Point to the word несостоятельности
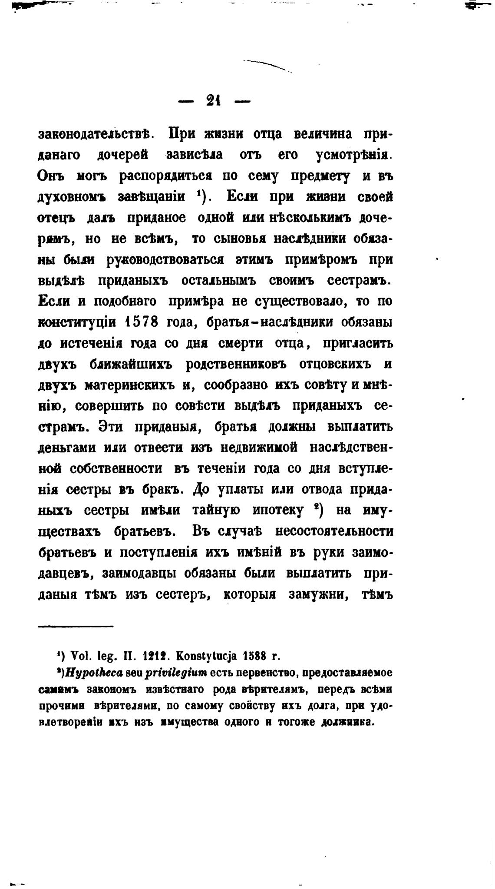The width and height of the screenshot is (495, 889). coord(328,531)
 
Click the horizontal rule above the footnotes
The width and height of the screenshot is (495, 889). coord(76,626)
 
